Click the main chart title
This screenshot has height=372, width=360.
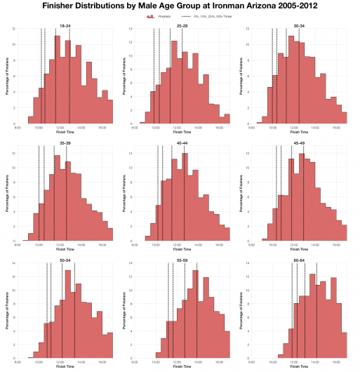(180, 5)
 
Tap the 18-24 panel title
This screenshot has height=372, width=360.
(65, 25)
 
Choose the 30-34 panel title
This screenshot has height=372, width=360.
(299, 25)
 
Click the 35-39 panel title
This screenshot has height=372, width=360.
(65, 143)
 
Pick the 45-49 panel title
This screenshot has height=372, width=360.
(299, 143)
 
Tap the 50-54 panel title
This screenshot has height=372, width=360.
(65, 260)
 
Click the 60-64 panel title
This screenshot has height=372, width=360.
(299, 260)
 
